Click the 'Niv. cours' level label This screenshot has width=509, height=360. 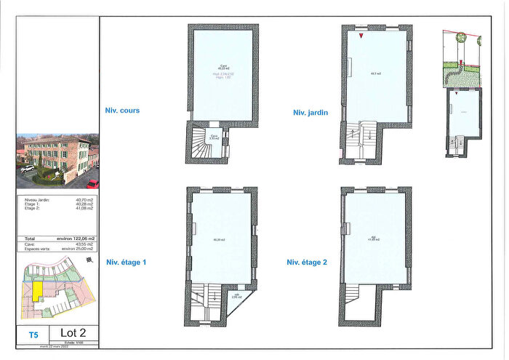tap(122, 111)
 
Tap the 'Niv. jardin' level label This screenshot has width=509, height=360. tap(310, 113)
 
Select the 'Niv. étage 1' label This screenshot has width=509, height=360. tap(127, 262)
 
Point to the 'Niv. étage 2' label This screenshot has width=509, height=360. tap(306, 262)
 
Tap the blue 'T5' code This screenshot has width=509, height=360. tap(33, 335)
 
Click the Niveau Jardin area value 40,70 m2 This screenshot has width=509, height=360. tap(86, 199)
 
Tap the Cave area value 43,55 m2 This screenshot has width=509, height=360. tap(86, 244)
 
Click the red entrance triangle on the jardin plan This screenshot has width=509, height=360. tap(361, 35)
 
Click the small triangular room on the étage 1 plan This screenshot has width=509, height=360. tap(236, 297)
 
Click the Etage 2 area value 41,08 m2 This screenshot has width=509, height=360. tap(86, 209)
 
